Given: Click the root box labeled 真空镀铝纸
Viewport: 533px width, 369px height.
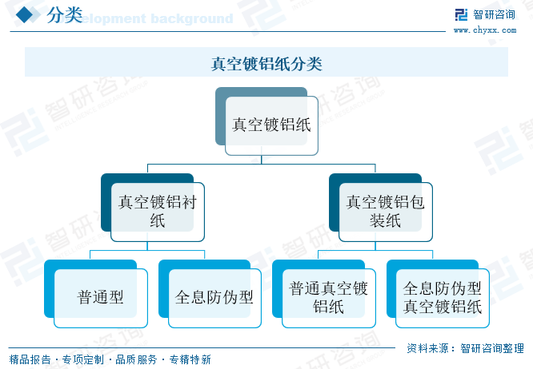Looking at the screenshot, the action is click(x=271, y=125).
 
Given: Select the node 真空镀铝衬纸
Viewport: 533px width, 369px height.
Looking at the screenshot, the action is click(x=157, y=212).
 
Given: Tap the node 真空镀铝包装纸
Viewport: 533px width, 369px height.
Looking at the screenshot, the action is click(x=385, y=212).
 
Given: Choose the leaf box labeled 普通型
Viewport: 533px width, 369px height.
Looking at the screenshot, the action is click(x=101, y=298).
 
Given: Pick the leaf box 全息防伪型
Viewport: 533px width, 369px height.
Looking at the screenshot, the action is click(x=214, y=298).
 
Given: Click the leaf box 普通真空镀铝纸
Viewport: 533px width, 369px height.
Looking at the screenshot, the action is click(x=328, y=298).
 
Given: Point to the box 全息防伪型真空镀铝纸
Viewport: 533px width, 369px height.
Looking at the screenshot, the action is click(x=443, y=298).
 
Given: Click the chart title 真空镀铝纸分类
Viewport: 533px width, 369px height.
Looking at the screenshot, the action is click(x=266, y=64).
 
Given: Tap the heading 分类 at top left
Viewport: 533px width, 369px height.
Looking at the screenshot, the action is click(x=64, y=15).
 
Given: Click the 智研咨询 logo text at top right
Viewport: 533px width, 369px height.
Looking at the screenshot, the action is click(x=494, y=14).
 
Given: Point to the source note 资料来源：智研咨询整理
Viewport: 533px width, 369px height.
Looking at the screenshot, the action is click(x=465, y=348).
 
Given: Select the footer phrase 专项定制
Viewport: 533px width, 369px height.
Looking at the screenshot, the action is click(x=83, y=360).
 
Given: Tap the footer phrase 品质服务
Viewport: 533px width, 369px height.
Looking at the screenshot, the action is click(x=137, y=360).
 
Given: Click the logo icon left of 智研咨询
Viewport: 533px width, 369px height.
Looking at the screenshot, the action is click(x=460, y=15).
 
